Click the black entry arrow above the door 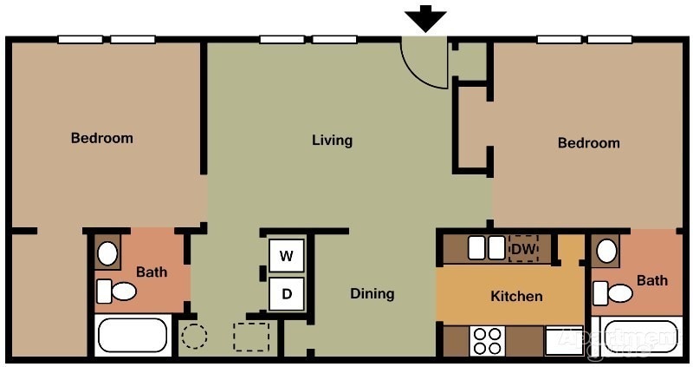pos(425,17)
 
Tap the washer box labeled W pos(287,256)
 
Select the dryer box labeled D pos(287,294)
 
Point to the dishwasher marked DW pos(523,249)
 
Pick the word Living pos(332,140)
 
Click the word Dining pos(372,293)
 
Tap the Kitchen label pos(516,296)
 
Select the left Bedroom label pos(102,138)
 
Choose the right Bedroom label pos(589,142)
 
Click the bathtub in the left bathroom pos(132,336)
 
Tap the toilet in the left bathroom pos(117,291)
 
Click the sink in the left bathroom pos(108,253)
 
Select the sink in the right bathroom pos(606,252)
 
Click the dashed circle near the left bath pos(193,336)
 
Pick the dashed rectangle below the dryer pos(251,337)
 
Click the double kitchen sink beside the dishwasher pos(486,248)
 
